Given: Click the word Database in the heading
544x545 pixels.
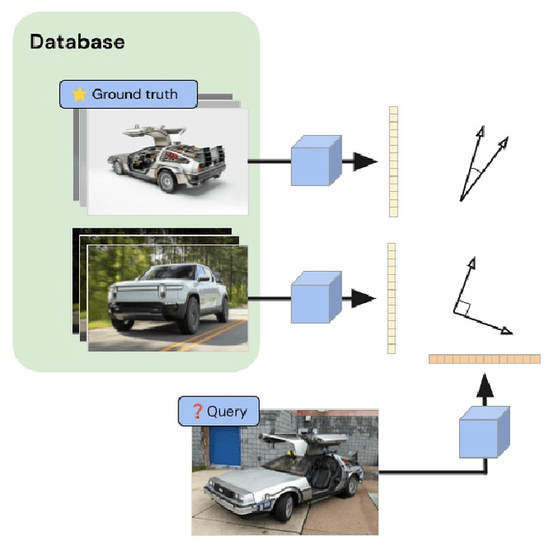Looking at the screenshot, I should (x=77, y=41).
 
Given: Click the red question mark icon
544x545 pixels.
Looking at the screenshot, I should (x=197, y=412).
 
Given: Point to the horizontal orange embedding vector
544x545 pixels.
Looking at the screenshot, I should (x=484, y=359).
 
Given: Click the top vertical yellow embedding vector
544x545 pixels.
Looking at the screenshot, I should (x=393, y=161).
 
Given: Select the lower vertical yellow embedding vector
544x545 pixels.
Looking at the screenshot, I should (x=392, y=297).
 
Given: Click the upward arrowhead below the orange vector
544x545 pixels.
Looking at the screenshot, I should (x=484, y=390).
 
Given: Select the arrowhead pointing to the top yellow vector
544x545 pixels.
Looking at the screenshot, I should (x=365, y=161).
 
